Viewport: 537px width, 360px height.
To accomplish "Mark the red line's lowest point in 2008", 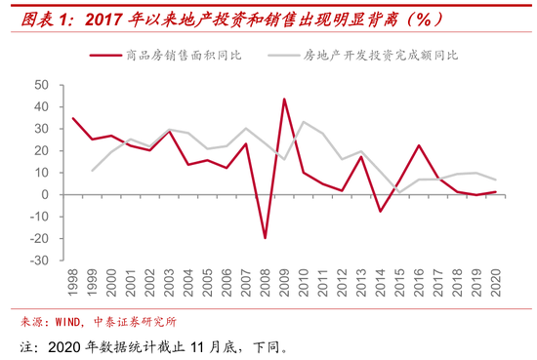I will (x=265, y=237).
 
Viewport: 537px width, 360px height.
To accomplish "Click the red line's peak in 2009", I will (x=284, y=99).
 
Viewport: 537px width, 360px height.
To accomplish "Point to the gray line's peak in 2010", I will (x=303, y=122).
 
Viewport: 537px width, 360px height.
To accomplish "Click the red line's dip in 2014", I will (x=380, y=211).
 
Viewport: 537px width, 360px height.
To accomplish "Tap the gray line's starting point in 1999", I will (x=93, y=171).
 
